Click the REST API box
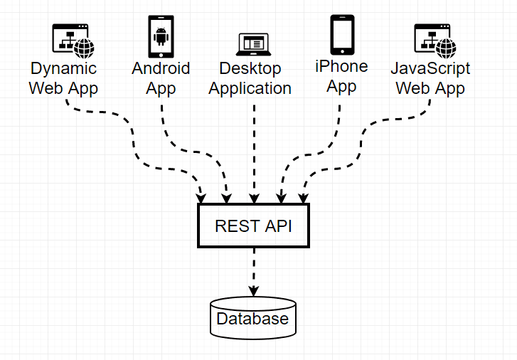(254, 226)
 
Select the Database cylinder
(253, 317)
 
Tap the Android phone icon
(161, 37)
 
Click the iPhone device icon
(342, 35)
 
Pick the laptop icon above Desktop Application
(253, 45)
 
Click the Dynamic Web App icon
(73, 41)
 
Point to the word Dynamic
(63, 69)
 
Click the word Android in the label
(161, 68)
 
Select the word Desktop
(250, 69)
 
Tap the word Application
(250, 88)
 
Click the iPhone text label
(342, 66)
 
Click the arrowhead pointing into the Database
(253, 290)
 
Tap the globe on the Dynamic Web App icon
(86, 48)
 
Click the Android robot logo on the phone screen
(161, 34)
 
